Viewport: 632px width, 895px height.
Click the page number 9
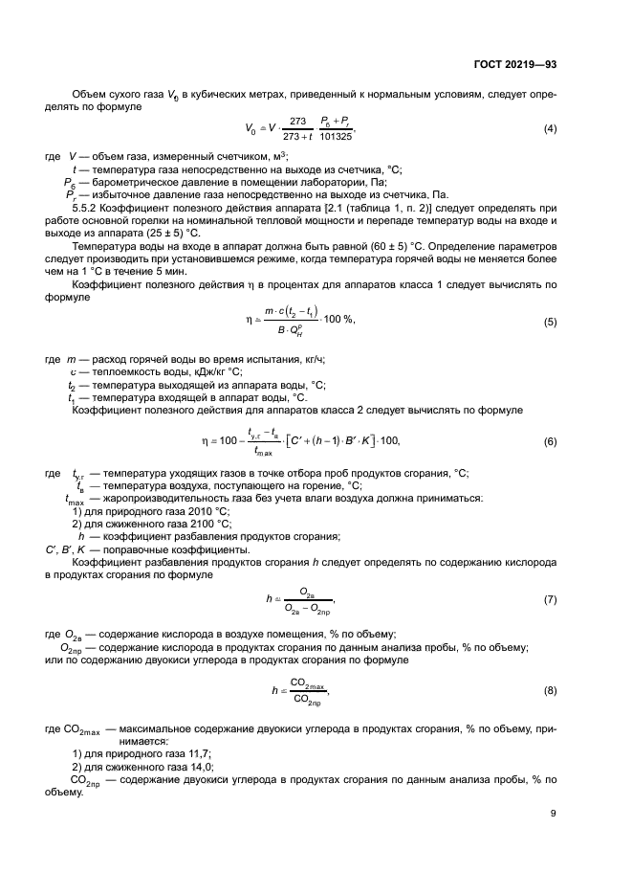(x=554, y=814)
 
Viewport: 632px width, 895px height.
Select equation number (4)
(x=550, y=128)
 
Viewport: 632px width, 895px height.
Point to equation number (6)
(x=550, y=441)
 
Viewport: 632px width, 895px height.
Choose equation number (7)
(x=550, y=599)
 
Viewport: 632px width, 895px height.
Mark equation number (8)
(x=550, y=689)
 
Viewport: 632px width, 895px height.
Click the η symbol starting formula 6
(x=204, y=441)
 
